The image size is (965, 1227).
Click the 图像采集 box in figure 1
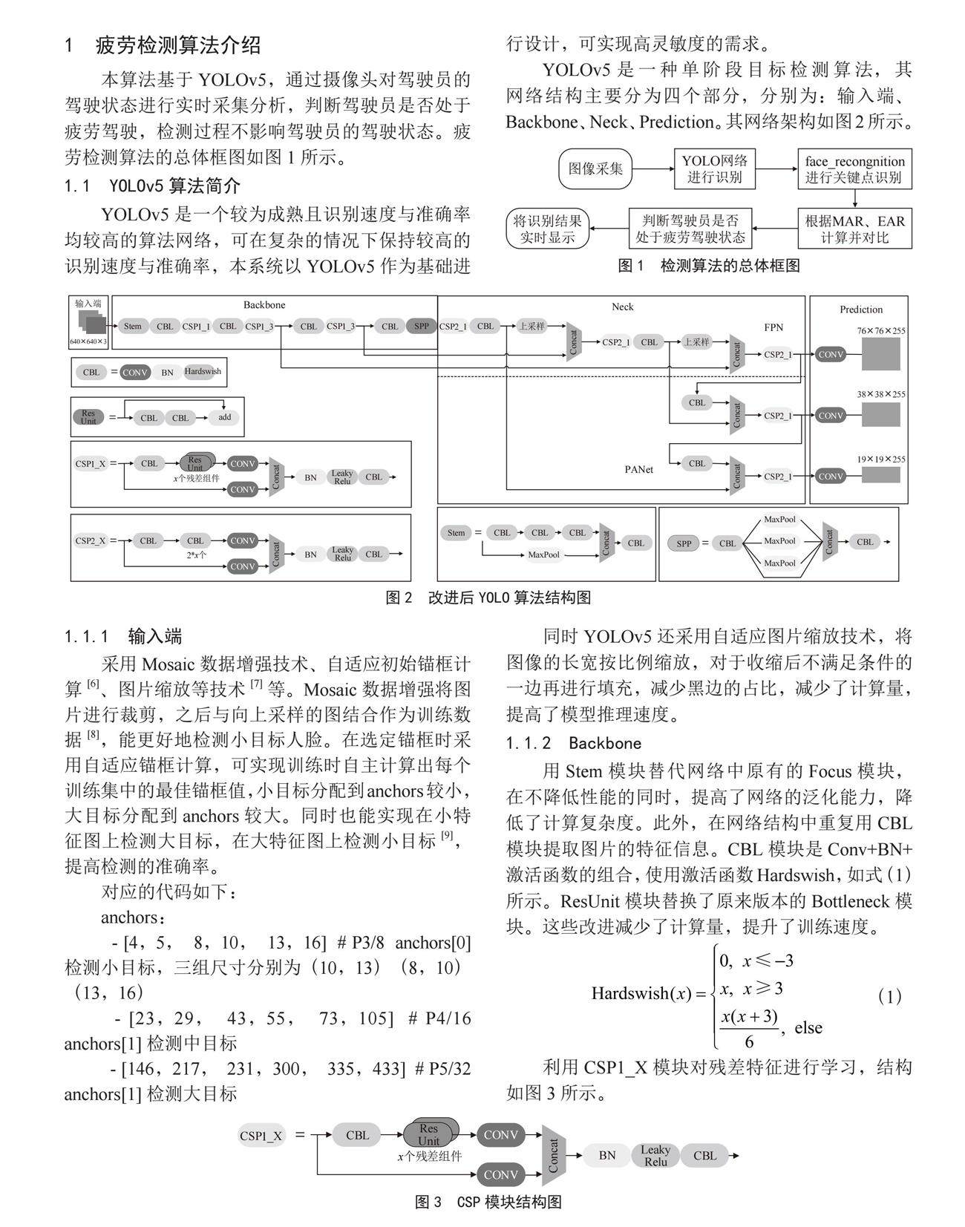point(595,168)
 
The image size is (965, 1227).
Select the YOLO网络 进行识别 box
point(714,168)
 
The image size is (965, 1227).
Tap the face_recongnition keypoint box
point(854,169)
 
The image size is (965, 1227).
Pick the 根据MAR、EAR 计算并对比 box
point(854,229)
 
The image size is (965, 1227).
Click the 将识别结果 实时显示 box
point(549,229)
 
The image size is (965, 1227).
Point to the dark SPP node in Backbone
point(421,326)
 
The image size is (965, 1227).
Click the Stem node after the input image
point(133,326)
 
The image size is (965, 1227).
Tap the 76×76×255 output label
point(881,331)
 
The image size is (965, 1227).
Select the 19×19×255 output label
point(881,459)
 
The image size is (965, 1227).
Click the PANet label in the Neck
point(638,469)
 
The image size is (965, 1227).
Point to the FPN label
point(773,327)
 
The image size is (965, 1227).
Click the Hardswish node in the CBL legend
point(202,372)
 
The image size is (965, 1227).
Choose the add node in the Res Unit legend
point(225,417)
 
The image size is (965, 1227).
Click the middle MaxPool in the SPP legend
point(779,541)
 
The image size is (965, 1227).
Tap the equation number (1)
point(889,996)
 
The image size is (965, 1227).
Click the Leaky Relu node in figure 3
point(655,1155)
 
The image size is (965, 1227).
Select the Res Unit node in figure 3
point(429,1134)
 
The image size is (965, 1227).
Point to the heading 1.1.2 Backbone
point(573,743)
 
